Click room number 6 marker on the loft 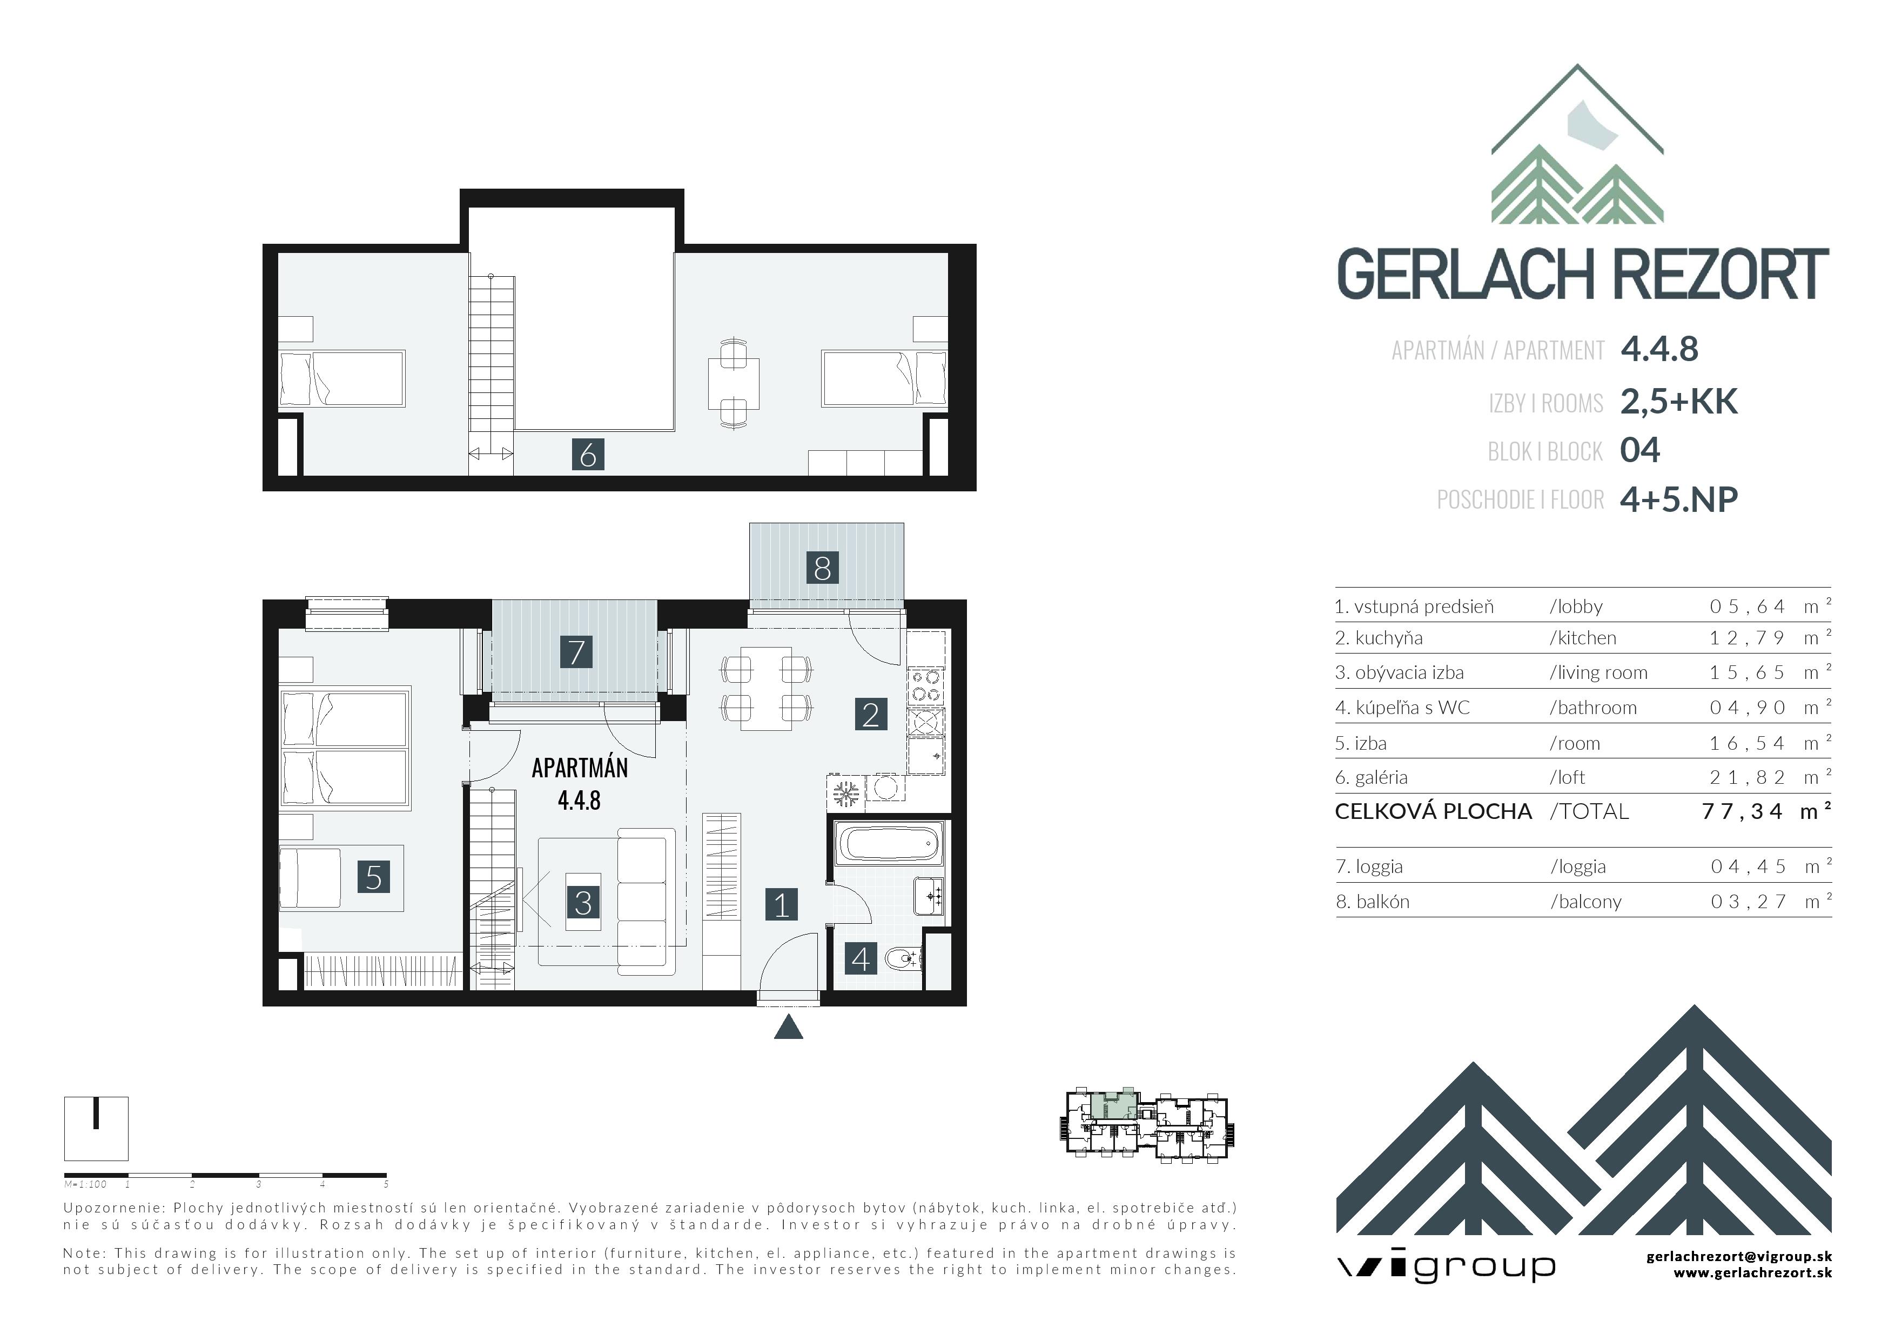(588, 454)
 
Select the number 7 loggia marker (576, 651)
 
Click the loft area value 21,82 (1748, 777)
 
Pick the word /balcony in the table (1585, 902)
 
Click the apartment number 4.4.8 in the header (1659, 349)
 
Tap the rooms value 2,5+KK (1679, 401)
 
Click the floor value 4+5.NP (1679, 499)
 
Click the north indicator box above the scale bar (97, 1128)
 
